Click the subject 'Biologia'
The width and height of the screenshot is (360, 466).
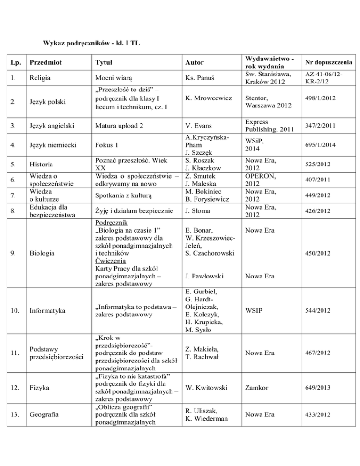41,253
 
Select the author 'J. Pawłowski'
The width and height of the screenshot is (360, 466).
205,276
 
